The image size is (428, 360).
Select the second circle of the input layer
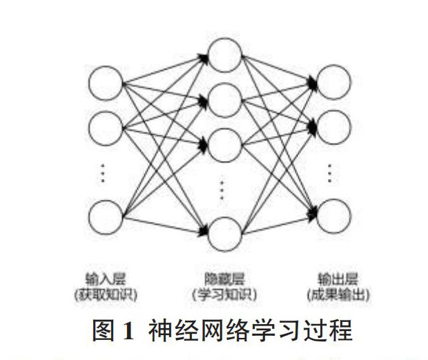click(106, 126)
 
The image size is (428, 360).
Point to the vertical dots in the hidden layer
click(222, 189)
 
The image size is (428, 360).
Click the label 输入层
click(108, 280)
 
